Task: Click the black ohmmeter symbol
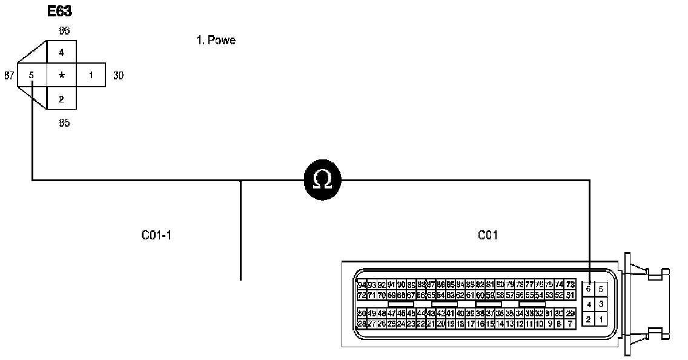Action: click(322, 179)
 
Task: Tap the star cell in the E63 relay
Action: click(61, 76)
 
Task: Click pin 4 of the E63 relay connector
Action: click(61, 53)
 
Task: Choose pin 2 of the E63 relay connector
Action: click(61, 99)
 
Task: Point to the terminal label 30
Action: click(119, 76)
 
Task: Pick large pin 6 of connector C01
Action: click(589, 289)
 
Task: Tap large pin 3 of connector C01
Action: click(601, 304)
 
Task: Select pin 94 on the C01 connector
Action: click(362, 285)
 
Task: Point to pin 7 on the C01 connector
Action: click(570, 324)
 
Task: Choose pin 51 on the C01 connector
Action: click(570, 295)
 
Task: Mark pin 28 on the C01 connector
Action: click(362, 324)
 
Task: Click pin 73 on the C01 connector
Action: click(570, 285)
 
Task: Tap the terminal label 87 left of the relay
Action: click(9, 76)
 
